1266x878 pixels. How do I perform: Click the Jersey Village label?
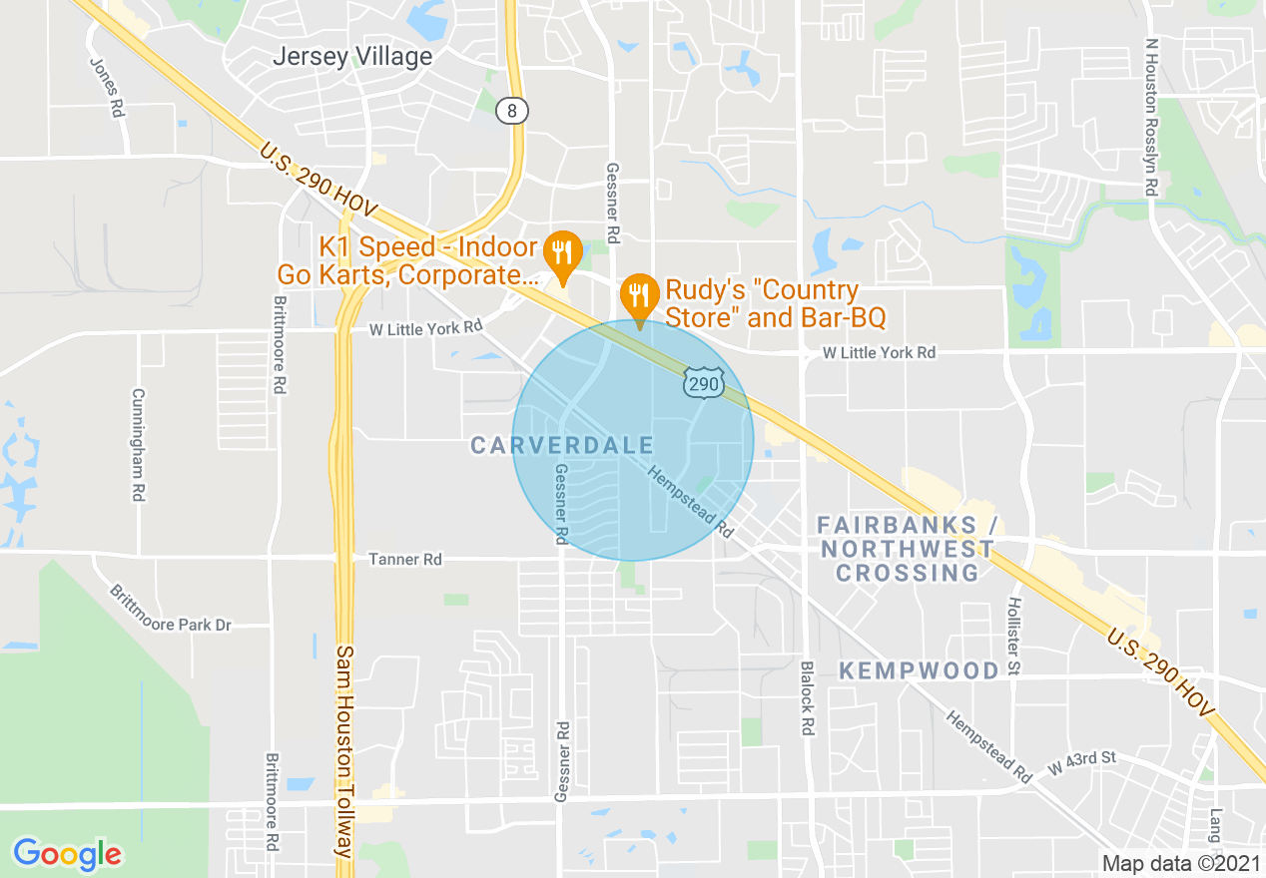[352, 57]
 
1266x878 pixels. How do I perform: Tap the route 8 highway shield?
[511, 111]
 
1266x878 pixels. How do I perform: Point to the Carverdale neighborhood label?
[562, 445]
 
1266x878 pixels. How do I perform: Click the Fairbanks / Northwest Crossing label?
[907, 548]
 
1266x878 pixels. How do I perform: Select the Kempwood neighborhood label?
[919, 670]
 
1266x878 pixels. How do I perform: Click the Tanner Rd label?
[404, 560]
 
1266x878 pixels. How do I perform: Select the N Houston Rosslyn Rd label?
[1151, 116]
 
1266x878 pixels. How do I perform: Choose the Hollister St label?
[1014, 638]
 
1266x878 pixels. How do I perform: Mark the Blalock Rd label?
[806, 698]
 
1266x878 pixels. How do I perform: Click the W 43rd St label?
[1081, 763]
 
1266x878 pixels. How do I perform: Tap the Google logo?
[67, 854]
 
